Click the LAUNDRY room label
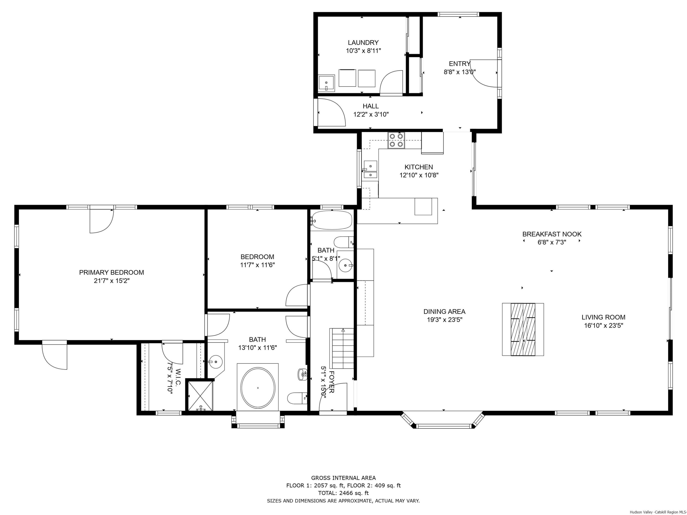(363, 43)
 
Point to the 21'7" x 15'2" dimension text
(112, 281)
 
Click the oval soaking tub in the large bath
(258, 388)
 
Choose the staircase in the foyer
(342, 348)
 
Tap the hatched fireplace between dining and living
(523, 329)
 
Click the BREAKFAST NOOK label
(552, 234)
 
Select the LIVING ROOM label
(603, 317)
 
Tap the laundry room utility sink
(326, 83)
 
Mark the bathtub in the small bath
(331, 220)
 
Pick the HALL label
(371, 106)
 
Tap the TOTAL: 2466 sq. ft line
(343, 493)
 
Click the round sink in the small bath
(345, 266)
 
